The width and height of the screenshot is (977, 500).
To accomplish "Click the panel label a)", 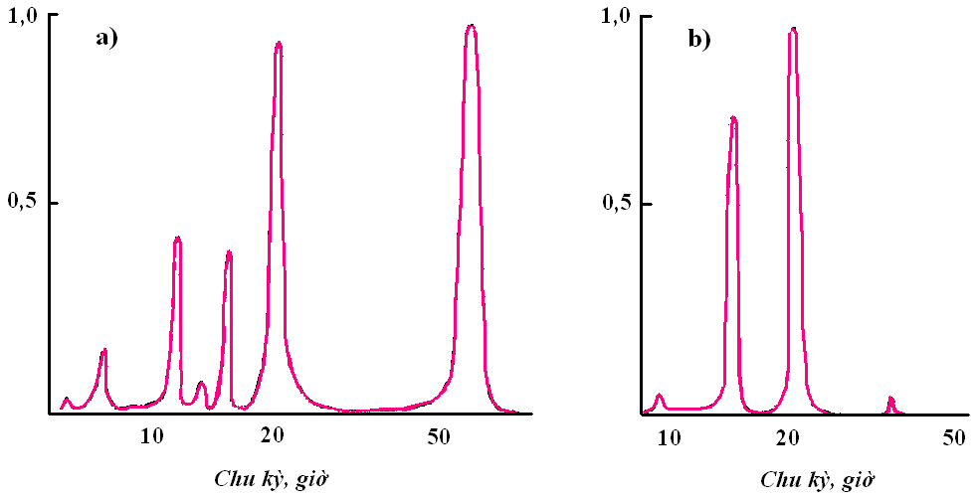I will coord(106,39).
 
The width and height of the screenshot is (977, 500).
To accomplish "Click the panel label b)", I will coord(700,39).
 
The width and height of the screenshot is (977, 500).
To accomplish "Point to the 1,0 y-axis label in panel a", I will coord(23,16).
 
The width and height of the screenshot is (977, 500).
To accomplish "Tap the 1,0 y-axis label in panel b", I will coord(622,16).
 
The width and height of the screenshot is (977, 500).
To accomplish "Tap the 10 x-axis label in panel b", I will coord(669,436).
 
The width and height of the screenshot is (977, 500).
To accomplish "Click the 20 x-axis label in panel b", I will coord(789,436).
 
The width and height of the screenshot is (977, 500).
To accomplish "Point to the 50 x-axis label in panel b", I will coord(955,436).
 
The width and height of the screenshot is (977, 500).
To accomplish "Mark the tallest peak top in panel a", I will coord(471,26).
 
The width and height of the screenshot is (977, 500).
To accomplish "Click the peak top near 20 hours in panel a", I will coord(279,43).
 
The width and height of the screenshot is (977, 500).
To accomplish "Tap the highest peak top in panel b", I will coord(793,29).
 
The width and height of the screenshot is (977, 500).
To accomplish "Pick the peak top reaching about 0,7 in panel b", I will coord(733,118).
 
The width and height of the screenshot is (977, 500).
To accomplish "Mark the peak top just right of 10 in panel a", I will coord(177,238).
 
